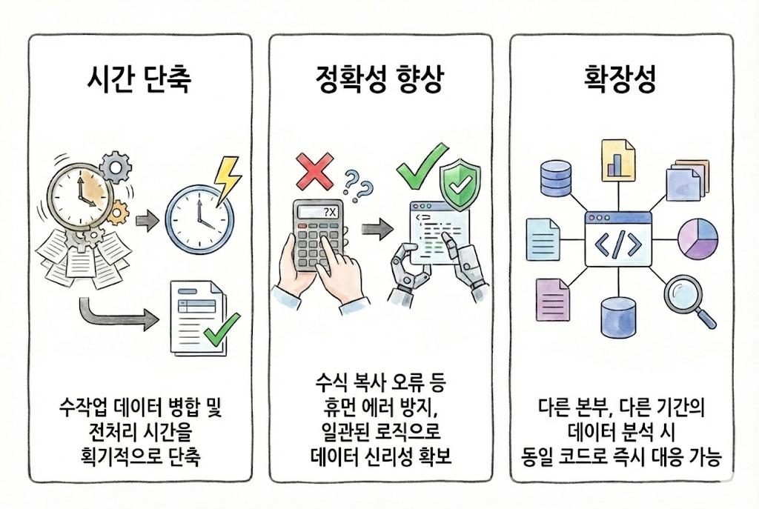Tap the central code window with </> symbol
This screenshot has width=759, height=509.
pyautogui.click(x=617, y=238)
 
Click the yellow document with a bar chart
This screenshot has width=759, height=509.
pyautogui.click(x=617, y=159)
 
